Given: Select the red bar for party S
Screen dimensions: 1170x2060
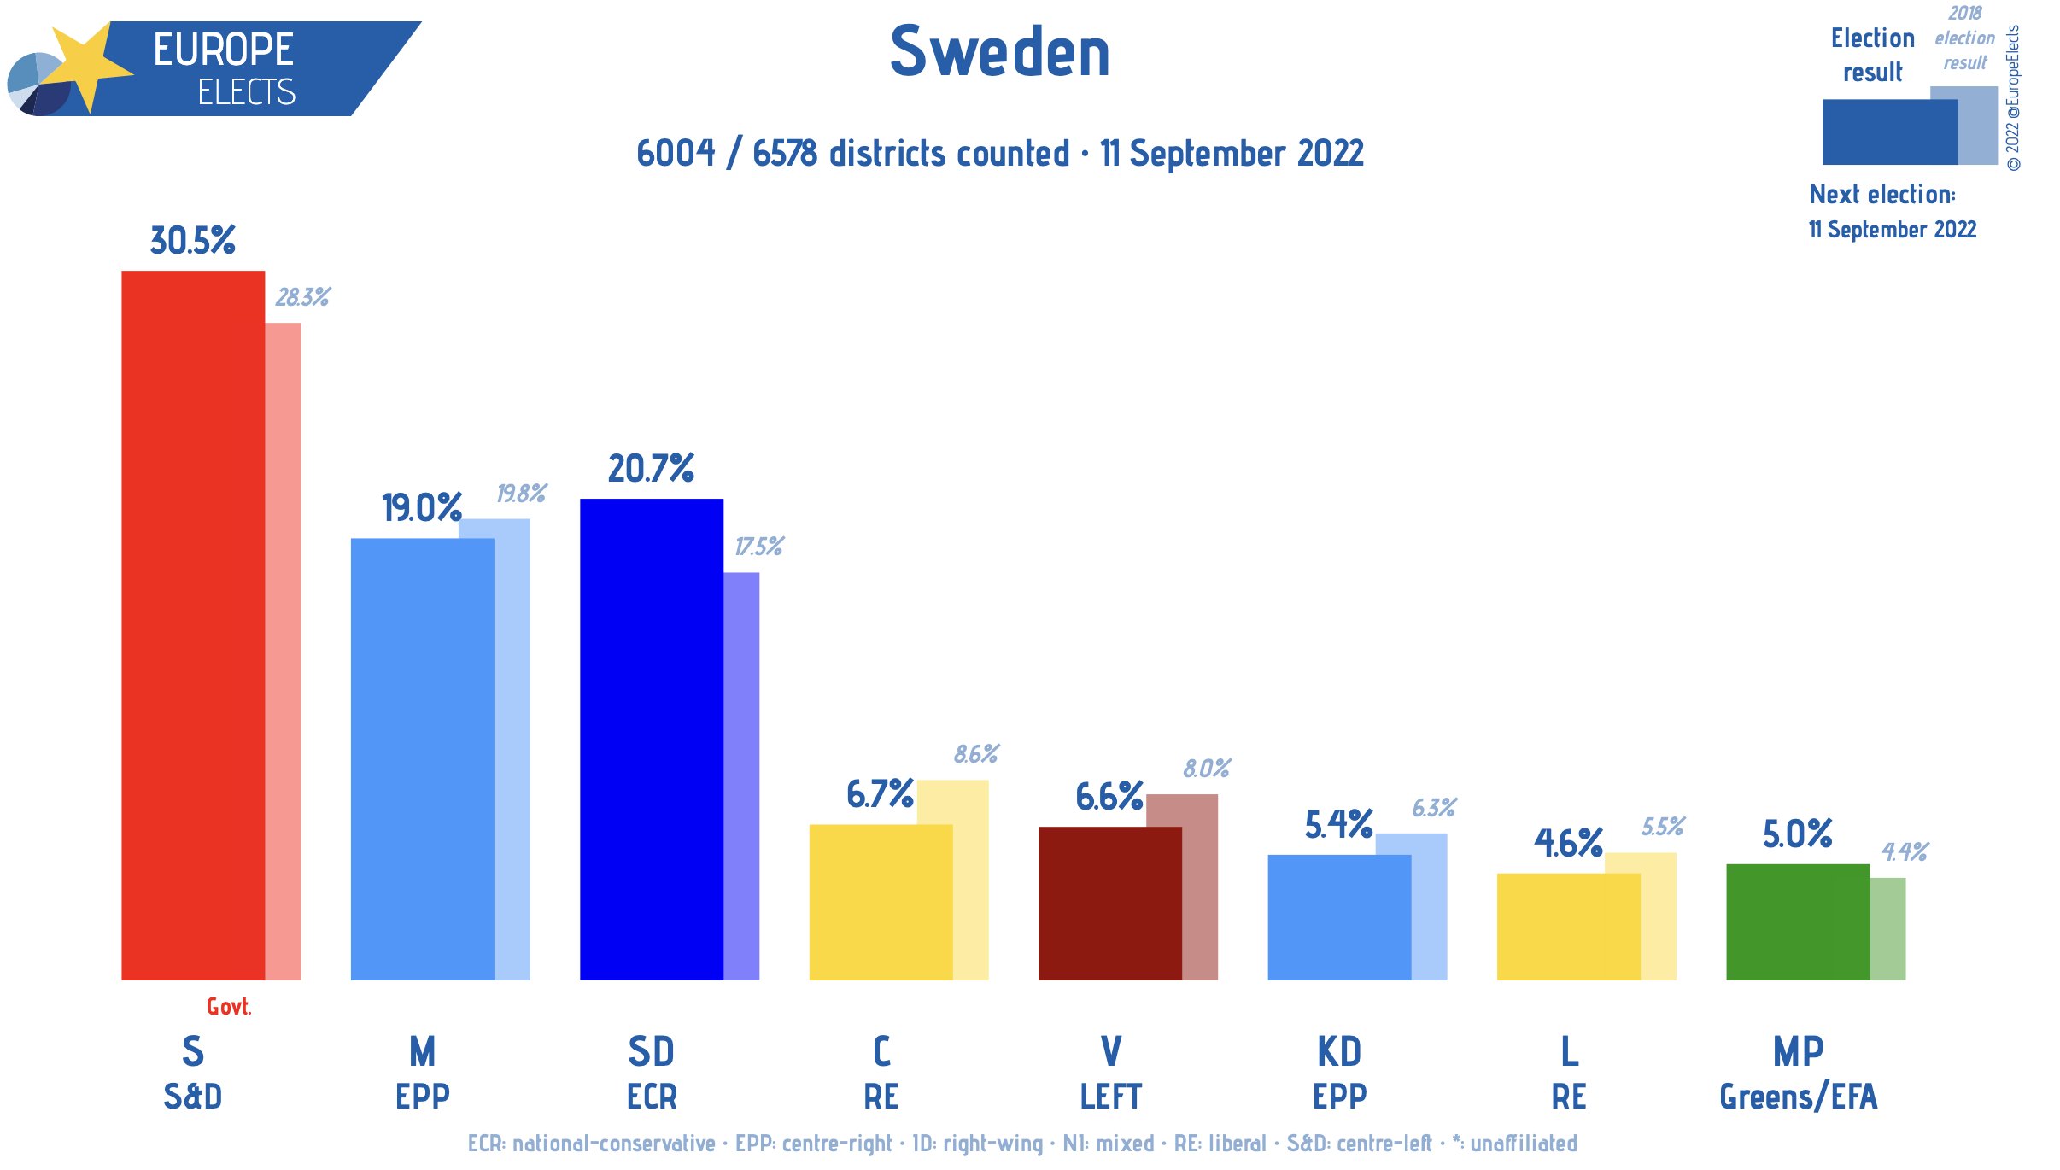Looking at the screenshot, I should [193, 623].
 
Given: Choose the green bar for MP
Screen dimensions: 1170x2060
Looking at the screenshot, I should [1797, 921].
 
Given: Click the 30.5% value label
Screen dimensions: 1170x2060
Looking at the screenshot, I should [193, 241].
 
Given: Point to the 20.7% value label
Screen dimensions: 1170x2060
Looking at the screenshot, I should [651, 469].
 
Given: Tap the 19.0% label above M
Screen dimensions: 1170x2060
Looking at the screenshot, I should [422, 508].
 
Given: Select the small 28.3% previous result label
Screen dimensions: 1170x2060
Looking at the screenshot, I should [302, 297].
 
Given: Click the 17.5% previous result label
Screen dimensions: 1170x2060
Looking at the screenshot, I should [758, 547].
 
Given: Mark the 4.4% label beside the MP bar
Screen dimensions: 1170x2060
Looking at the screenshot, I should [1905, 851].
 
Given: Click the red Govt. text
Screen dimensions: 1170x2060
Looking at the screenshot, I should [229, 1007].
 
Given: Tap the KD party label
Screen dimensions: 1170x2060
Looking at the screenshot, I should [1339, 1051].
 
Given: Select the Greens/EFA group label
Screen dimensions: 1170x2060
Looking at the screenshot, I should [1798, 1097].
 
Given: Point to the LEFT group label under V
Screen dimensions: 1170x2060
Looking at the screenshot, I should [1110, 1097].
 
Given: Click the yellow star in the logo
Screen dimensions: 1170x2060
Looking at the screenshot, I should [85, 64].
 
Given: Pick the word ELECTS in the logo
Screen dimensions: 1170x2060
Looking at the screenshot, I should [246, 92].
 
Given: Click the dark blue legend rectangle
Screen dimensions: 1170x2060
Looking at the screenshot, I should [1889, 132].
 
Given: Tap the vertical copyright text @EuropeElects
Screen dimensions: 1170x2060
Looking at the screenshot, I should [2013, 98].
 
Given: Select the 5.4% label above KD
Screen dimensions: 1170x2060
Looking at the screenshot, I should [1338, 825].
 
